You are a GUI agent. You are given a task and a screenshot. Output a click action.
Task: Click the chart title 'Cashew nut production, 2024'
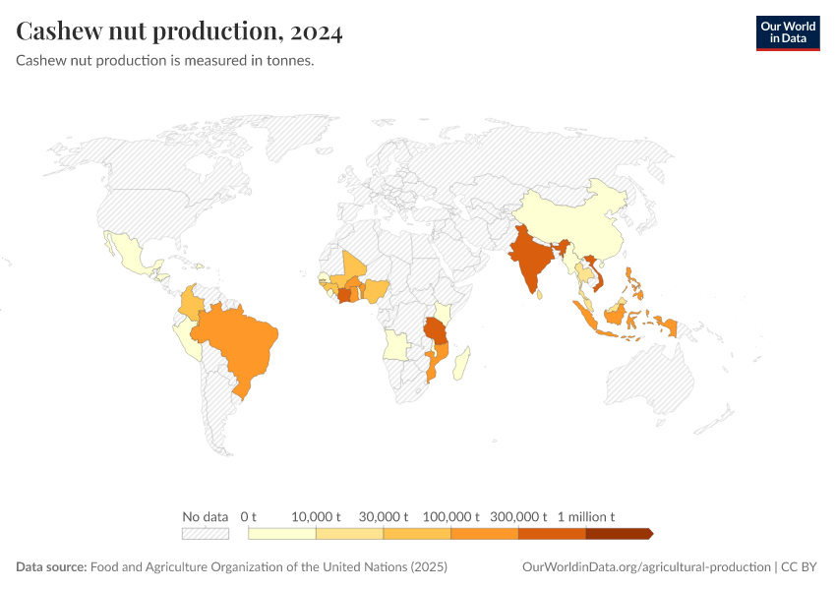pos(179,31)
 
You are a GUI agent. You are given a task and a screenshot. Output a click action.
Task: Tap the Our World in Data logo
pos(787,32)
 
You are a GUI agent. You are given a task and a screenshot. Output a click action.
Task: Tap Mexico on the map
pos(133,254)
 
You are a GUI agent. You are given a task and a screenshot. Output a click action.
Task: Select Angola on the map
pos(398,344)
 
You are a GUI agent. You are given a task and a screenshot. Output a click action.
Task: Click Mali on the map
pos(354,266)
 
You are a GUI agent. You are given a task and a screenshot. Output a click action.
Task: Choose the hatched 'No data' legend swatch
pos(205,533)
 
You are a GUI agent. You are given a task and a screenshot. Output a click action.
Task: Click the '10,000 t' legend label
pos(316,516)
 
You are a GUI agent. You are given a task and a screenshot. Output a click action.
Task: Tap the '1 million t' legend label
pos(586,516)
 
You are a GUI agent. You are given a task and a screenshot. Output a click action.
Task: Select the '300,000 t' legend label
pos(518,516)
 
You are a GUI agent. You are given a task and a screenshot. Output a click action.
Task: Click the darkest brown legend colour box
pos(619,533)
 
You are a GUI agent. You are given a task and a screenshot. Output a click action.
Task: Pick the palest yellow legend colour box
pos(282,533)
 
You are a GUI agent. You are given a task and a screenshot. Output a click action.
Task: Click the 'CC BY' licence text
pos(800,567)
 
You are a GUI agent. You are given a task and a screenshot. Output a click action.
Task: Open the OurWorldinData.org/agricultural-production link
pos(646,567)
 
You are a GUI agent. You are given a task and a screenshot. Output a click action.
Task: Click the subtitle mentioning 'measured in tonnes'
pos(165,61)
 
